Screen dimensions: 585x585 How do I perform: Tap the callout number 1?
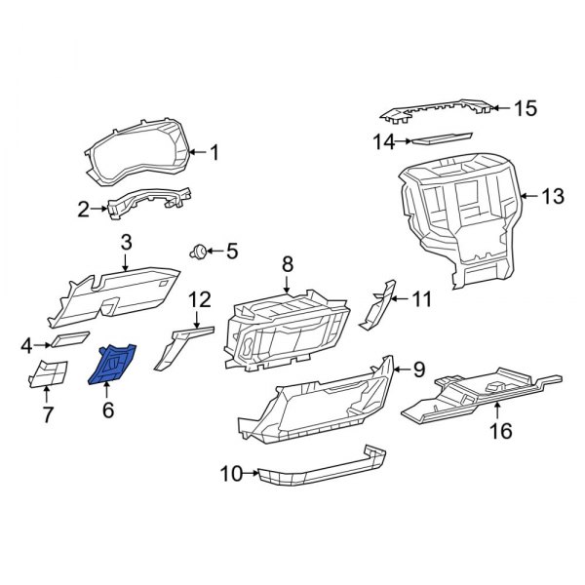(x=215, y=152)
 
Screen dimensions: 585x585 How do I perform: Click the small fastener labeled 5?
(x=201, y=252)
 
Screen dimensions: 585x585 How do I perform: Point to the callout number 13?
(x=551, y=197)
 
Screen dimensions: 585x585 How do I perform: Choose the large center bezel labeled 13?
(x=458, y=210)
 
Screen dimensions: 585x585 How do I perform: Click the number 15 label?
(x=526, y=108)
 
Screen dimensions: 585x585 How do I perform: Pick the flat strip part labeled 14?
(x=449, y=139)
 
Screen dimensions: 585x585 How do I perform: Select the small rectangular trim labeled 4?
(x=69, y=340)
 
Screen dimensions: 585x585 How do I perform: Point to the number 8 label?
(x=288, y=262)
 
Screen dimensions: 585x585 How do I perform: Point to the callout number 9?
(x=419, y=369)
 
